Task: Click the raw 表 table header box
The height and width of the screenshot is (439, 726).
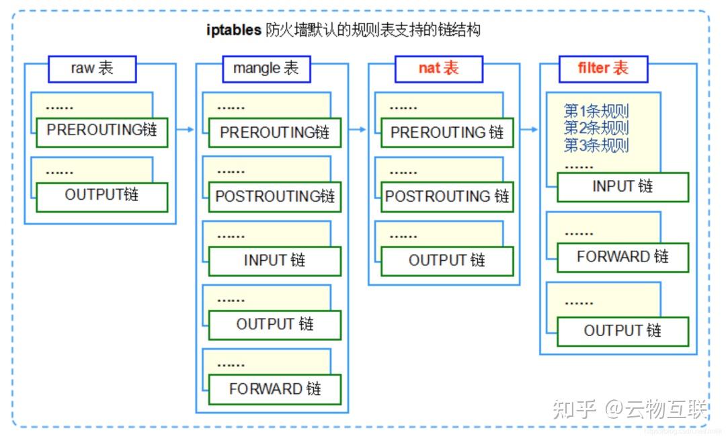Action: point(92,69)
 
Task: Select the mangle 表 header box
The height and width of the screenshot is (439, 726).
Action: point(266,69)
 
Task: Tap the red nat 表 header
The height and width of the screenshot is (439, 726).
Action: point(438,69)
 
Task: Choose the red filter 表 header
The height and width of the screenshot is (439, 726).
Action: point(603,69)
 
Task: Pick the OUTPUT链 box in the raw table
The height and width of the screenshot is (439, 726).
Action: point(102,196)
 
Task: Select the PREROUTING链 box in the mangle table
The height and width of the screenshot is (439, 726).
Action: point(275,132)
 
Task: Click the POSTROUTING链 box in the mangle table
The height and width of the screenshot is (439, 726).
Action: point(275,197)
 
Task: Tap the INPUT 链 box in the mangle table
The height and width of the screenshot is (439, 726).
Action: point(275,261)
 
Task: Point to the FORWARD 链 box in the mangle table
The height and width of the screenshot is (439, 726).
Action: point(275,389)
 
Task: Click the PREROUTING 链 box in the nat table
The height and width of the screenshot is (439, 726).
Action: point(447,132)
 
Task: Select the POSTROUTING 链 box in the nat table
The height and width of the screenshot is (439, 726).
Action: point(447,197)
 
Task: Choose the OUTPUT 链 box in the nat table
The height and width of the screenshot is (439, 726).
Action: point(447,261)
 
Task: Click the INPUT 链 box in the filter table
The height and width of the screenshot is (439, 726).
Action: point(622,187)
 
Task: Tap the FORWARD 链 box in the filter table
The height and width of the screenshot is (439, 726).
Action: point(622,257)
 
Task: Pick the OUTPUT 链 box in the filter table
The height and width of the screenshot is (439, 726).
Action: point(622,331)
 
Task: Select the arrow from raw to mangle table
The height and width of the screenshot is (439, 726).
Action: point(186,130)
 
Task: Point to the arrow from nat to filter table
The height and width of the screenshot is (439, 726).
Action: point(530,130)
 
